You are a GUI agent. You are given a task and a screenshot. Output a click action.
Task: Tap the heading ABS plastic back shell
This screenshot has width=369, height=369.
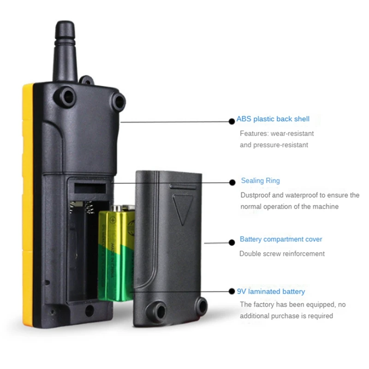(273, 119)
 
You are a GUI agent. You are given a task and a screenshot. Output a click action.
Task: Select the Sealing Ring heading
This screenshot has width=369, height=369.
(260, 181)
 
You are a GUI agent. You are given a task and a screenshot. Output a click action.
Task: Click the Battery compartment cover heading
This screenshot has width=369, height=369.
(281, 239)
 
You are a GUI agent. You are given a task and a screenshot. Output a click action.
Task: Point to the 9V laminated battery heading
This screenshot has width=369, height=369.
(271, 292)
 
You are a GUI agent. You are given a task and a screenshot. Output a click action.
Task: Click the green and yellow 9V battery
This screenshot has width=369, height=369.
(115, 254)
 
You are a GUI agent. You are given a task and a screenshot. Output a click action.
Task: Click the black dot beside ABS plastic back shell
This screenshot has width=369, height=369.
(232, 121)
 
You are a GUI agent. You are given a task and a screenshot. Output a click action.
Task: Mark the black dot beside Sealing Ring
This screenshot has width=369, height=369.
(232, 183)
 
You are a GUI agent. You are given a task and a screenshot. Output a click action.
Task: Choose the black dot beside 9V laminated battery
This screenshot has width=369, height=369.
(232, 292)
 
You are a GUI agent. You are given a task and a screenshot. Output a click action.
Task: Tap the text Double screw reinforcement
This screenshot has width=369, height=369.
(282, 254)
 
